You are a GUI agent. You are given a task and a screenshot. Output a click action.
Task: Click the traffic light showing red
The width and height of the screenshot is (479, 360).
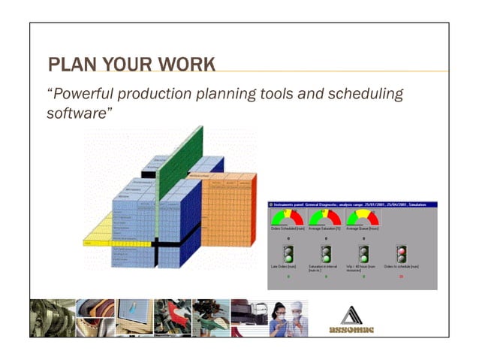point(402,254)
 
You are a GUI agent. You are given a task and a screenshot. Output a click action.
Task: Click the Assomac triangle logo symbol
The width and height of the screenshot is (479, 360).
point(351,313)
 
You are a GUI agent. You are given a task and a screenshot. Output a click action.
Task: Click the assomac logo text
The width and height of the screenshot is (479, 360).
point(351,329)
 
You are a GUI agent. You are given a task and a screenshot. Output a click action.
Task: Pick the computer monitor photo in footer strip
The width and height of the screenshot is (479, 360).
point(134,317)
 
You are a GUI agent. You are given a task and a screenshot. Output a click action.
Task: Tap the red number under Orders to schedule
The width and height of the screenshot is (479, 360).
point(402,276)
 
